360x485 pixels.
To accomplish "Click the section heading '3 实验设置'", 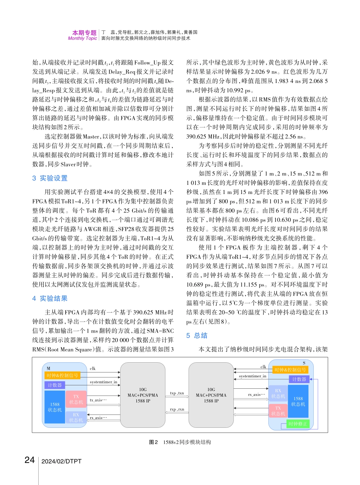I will click(x=50, y=178).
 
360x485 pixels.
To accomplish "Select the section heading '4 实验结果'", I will click(x=50, y=299).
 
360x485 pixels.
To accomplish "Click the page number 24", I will click(x=30, y=460).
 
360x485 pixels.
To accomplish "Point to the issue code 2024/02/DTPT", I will click(x=61, y=461).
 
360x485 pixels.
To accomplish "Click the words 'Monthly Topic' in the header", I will click(x=82, y=38).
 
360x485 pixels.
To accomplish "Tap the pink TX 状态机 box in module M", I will click(x=76, y=399).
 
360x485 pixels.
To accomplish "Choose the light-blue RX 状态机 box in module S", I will click(x=278, y=393).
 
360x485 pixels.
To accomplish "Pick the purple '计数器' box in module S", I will click(x=299, y=379).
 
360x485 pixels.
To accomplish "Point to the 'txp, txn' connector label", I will click(x=177, y=393).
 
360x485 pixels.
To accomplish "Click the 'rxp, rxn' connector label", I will click(x=177, y=410).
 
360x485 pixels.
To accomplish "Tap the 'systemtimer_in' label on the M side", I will click(x=103, y=382).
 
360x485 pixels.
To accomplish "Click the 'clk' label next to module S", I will click(x=263, y=366).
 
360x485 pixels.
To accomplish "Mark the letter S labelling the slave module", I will click(x=304, y=363).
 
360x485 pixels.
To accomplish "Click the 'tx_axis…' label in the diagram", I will click(x=99, y=400).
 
